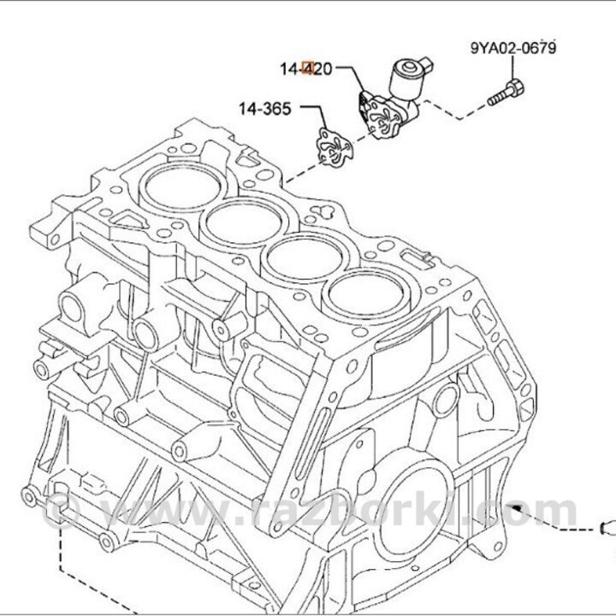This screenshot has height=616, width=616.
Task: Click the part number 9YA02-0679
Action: (x=512, y=48)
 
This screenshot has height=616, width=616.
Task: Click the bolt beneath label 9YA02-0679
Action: (x=506, y=92)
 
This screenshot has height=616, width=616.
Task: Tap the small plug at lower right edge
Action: (x=606, y=524)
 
